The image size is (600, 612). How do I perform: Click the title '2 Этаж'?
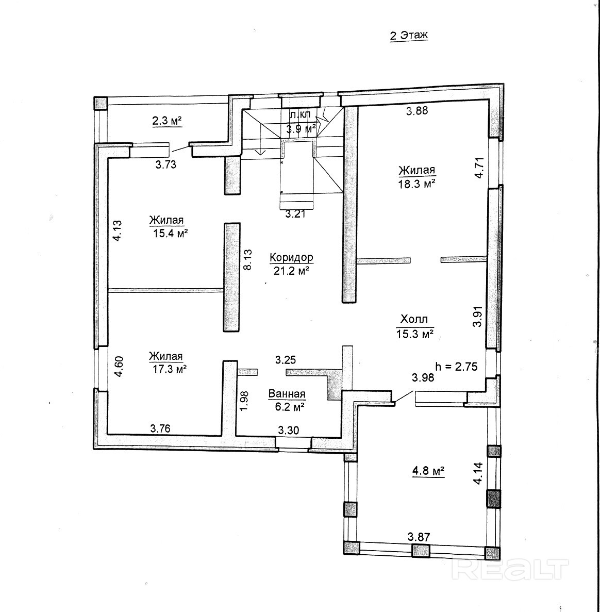(x=409, y=36)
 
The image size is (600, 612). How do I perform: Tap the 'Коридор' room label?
(x=291, y=257)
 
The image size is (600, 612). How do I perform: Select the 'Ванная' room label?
(x=287, y=394)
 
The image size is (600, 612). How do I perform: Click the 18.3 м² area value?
(x=416, y=184)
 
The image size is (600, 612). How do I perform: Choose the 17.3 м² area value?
(x=169, y=369)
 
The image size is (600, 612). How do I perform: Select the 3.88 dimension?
(x=417, y=111)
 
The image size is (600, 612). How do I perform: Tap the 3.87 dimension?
(x=419, y=537)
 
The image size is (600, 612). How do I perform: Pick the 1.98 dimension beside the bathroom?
(x=244, y=401)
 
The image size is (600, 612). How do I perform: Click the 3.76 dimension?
(x=160, y=428)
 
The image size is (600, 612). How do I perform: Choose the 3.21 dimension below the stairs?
(x=295, y=214)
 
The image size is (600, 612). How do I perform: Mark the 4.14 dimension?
(x=478, y=473)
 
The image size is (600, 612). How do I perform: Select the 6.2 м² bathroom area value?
(x=290, y=407)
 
